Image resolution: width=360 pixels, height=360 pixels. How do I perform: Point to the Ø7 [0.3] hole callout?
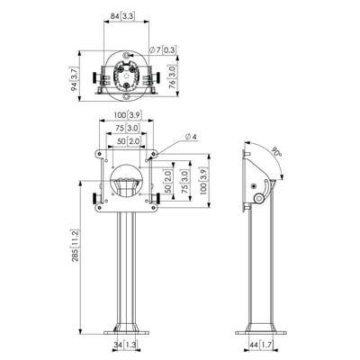pyautogui.click(x=162, y=49)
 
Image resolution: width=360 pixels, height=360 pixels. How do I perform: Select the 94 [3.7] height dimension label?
pyautogui.click(x=75, y=78)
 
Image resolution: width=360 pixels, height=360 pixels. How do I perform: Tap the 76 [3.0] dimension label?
pyautogui.click(x=173, y=76)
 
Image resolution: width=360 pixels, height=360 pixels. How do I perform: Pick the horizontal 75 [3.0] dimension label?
pyautogui.click(x=127, y=128)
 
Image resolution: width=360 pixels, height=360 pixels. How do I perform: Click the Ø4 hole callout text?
pyautogui.click(x=191, y=137)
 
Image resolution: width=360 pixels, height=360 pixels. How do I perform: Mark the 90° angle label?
pyautogui.click(x=276, y=152)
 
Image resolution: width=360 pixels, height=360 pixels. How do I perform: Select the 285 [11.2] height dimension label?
pyautogui.click(x=75, y=246)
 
